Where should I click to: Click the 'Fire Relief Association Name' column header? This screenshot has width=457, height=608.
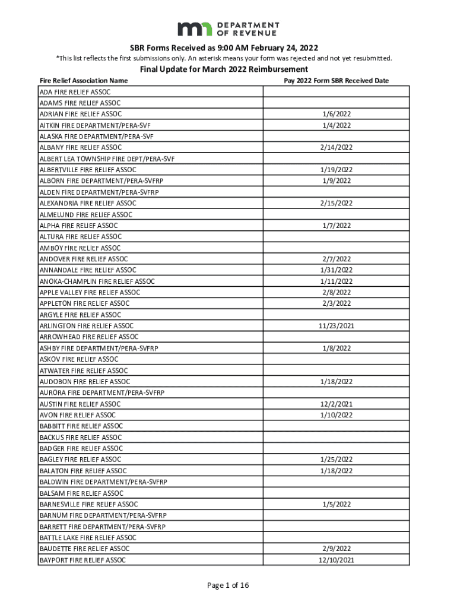83,80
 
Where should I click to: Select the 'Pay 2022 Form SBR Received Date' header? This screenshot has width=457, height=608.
336,80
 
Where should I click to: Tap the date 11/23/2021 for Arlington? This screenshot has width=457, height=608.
336,326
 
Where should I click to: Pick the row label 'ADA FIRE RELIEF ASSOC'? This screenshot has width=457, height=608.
75,92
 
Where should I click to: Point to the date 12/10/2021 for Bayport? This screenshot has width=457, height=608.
336,560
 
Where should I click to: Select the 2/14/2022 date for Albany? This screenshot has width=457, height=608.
336,147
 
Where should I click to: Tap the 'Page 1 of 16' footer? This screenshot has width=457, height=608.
228,585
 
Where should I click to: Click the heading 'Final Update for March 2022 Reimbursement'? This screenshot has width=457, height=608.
228,69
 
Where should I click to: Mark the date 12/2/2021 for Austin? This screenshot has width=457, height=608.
336,404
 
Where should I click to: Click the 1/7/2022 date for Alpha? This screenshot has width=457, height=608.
336,226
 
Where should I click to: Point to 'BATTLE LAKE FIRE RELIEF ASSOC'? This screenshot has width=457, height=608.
88,538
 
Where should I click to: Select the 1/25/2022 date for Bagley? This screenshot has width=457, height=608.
336,460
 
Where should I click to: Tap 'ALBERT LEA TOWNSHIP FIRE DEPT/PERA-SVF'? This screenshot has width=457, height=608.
107,159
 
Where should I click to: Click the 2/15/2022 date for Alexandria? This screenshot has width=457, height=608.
336,203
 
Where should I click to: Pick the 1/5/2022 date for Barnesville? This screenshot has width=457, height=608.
336,504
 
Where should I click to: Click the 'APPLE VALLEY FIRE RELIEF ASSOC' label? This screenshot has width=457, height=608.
90,292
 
